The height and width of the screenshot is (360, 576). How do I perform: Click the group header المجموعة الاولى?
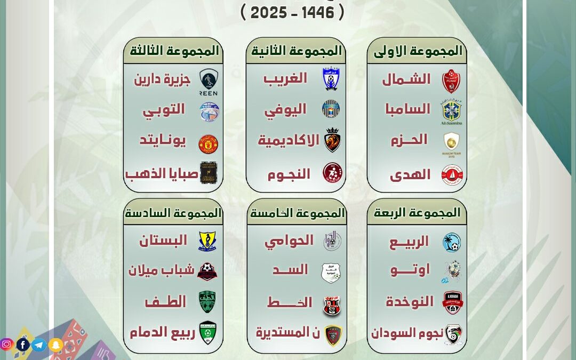point(418,51)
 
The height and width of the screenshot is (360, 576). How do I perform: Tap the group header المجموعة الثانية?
point(296,51)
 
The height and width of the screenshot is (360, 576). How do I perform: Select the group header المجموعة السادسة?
point(173,213)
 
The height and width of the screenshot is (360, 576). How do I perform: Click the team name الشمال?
point(406,79)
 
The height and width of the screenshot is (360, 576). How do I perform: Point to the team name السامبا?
point(407,109)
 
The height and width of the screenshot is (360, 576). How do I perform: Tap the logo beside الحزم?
point(451,142)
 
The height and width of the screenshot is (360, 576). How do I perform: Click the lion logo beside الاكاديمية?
point(332,140)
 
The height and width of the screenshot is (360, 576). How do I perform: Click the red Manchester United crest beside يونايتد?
point(209,143)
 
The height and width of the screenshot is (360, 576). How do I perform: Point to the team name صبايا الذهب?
point(162,174)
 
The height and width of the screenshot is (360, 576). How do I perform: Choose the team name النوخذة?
point(410,301)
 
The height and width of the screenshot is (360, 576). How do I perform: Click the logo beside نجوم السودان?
point(453,334)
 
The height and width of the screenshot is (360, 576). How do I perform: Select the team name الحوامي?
point(289,241)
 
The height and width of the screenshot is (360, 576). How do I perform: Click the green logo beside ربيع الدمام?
point(207,333)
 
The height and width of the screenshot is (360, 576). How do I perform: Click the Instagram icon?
point(7,345)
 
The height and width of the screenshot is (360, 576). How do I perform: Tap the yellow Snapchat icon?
point(56,345)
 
